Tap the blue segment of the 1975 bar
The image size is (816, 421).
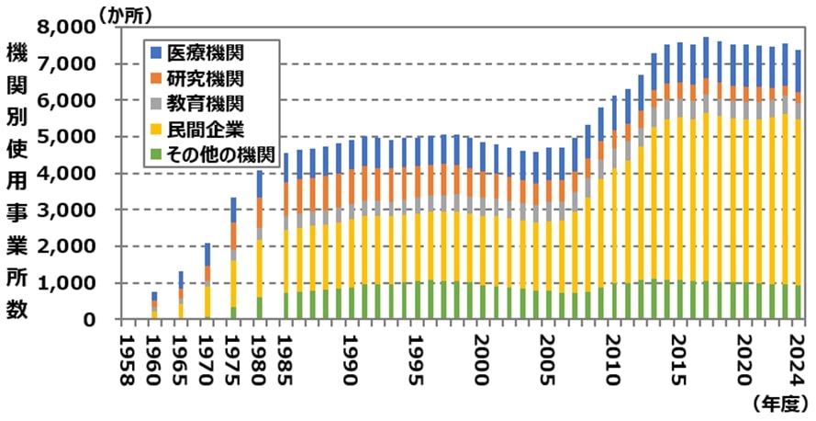click(233, 210)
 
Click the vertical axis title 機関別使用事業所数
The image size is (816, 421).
click(17, 179)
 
